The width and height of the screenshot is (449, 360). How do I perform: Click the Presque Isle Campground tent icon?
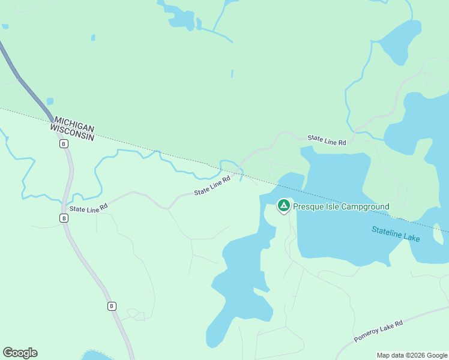click(x=283, y=206)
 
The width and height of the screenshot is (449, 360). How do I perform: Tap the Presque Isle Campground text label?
click(x=341, y=207)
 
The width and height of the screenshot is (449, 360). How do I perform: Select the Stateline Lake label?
click(x=395, y=233)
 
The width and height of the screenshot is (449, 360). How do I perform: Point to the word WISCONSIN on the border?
click(x=72, y=133)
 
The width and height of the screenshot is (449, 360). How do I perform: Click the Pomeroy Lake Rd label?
click(x=378, y=331)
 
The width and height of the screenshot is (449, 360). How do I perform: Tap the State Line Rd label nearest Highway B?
click(x=88, y=208)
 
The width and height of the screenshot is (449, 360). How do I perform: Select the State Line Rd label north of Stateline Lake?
click(x=327, y=140)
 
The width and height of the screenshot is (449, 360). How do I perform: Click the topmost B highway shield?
click(x=63, y=143)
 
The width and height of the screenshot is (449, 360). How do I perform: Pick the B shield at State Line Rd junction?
click(x=64, y=218)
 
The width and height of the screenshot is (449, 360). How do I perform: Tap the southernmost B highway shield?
click(x=112, y=306)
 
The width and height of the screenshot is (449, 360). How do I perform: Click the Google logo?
click(x=20, y=353)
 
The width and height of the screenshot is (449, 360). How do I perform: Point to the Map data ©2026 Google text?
click(x=411, y=355)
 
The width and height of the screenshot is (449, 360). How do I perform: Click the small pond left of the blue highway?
click(x=50, y=101)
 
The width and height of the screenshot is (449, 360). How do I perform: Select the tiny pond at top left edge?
click(x=5, y=26)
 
